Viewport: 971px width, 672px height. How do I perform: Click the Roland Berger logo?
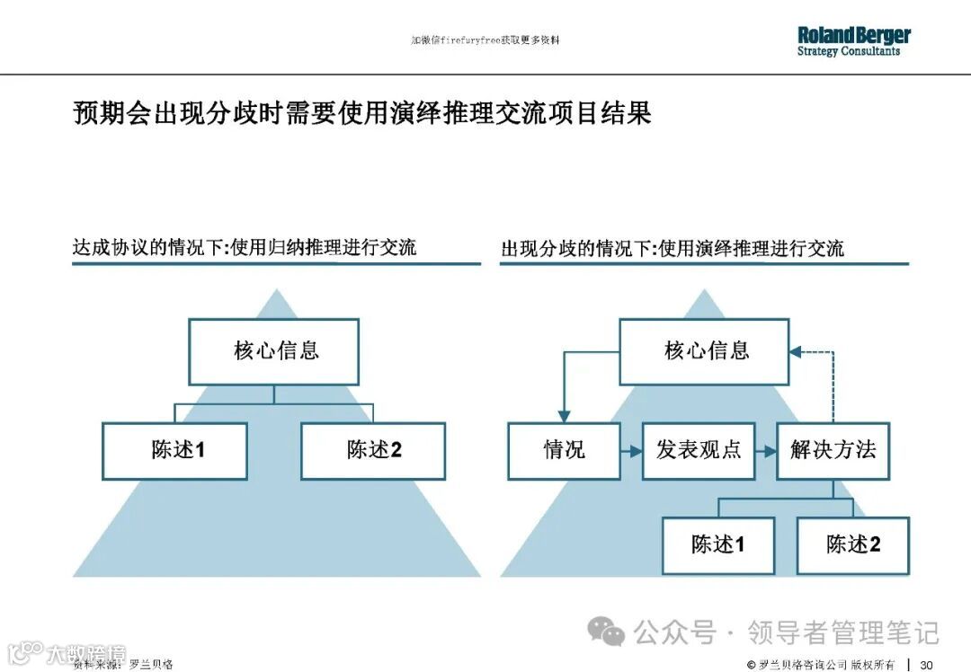coord(853,41)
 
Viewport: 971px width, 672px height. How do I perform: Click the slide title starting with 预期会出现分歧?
coord(361,114)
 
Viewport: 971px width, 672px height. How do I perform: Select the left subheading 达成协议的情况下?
coord(245,248)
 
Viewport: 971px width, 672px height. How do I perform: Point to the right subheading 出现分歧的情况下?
coord(673,249)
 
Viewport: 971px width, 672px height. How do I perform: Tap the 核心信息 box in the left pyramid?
coord(274,350)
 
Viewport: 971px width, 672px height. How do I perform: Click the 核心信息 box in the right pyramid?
coord(704,350)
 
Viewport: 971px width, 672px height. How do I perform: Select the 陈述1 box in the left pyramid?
coord(174,450)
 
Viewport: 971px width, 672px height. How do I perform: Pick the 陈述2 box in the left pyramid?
coord(373,450)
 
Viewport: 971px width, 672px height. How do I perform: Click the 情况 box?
coord(564,450)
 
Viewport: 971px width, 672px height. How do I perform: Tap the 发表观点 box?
coord(698,450)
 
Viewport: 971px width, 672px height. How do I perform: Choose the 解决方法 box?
coord(833,450)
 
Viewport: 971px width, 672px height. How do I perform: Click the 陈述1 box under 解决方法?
coord(717,544)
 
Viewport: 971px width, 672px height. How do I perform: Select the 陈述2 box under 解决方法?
coord(852,544)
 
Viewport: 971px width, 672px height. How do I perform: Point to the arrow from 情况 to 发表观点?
coord(631,450)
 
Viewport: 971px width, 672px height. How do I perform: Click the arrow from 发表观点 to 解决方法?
coord(765,450)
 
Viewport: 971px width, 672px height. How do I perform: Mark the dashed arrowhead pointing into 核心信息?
coord(796,351)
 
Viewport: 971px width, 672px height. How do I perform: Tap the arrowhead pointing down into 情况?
coord(564,416)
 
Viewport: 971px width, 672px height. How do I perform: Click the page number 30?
coord(926,664)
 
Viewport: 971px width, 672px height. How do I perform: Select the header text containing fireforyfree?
coord(485,40)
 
